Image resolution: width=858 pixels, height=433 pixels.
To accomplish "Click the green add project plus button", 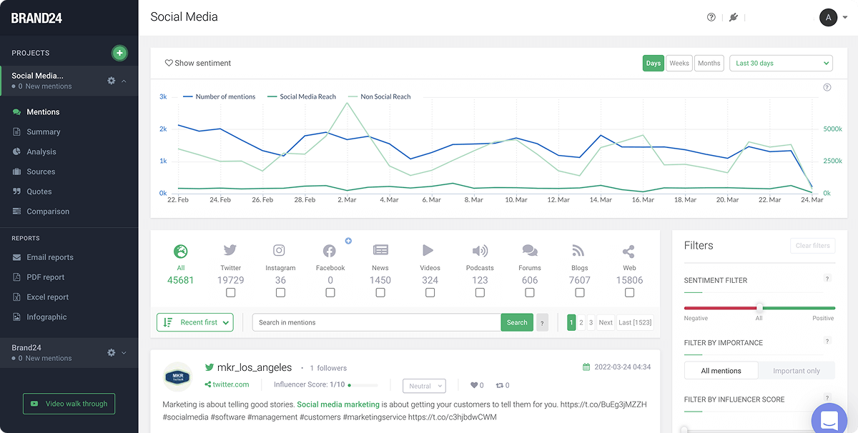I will (119, 53).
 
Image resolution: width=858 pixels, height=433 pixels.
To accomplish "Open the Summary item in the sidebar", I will (43, 131).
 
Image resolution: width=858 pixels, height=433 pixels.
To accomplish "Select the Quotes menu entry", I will (39, 191).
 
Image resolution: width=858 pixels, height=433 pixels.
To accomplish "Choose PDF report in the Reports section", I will (45, 277).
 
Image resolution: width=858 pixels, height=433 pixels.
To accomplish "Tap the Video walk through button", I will (69, 404).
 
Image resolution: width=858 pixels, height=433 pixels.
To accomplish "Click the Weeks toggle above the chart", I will (679, 63).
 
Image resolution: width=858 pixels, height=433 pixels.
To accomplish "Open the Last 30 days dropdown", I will (781, 63).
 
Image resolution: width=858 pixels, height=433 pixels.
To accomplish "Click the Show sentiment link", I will (198, 63).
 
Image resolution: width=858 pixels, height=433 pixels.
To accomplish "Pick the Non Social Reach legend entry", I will (385, 96).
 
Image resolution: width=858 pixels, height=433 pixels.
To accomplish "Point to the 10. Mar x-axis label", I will (516, 200).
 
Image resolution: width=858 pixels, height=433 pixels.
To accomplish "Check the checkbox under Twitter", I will (230, 293).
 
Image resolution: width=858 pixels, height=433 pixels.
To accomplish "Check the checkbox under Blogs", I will (579, 293).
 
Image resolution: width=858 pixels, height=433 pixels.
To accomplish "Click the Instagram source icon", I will (280, 251).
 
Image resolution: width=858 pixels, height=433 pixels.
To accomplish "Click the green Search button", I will (517, 322).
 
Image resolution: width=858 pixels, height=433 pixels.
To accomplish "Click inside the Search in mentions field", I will (376, 322).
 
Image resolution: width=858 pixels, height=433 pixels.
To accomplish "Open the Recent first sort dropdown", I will (195, 322).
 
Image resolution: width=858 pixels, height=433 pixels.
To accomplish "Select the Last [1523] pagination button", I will (635, 322).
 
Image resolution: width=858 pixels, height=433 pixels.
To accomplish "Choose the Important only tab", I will (797, 371).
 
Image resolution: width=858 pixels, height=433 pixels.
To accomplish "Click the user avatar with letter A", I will (828, 17).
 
